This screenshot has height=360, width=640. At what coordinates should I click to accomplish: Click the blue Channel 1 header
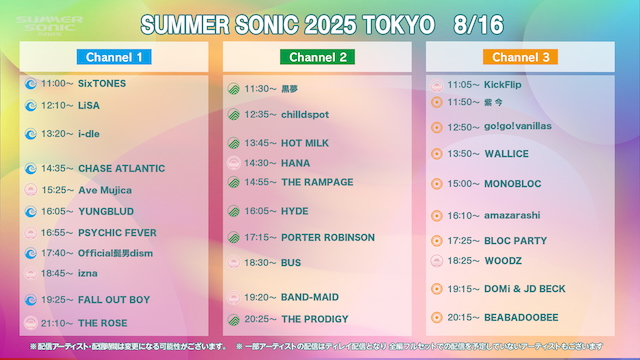(112, 57)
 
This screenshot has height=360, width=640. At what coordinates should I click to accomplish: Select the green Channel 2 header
(315, 57)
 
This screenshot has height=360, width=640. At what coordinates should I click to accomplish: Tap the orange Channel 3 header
(520, 57)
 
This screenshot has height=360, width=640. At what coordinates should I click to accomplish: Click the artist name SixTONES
(103, 83)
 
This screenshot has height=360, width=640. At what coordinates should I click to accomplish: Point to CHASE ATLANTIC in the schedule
(121, 168)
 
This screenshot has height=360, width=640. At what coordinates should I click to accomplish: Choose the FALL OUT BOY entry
(114, 299)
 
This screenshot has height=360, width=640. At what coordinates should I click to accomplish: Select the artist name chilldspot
(305, 114)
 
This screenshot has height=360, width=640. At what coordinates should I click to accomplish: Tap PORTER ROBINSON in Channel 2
(328, 237)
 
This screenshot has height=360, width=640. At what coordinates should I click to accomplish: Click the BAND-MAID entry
(310, 297)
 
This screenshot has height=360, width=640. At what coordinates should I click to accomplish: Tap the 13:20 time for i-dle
(57, 133)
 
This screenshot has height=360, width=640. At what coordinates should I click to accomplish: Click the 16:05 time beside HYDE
(260, 211)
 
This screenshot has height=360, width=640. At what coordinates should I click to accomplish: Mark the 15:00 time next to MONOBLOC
(464, 184)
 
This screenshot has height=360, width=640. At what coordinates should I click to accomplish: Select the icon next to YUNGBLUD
(30, 211)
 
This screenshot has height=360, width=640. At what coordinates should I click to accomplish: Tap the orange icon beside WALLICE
(436, 153)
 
